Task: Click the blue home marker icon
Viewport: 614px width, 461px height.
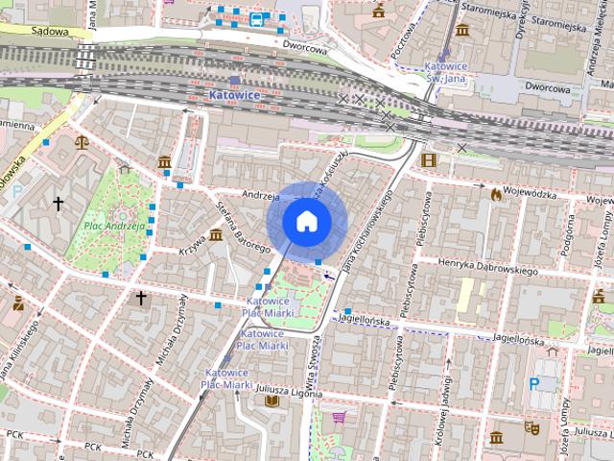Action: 306,221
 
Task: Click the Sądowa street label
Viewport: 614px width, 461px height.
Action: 50,31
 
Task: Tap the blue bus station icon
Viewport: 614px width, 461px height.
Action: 256,18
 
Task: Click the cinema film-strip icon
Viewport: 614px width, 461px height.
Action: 428,159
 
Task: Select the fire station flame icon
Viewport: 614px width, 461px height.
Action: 495,194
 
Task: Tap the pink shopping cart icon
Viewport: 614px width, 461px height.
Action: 338,417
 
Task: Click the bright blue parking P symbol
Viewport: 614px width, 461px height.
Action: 534,383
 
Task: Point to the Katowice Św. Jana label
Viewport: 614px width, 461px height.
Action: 445,73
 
